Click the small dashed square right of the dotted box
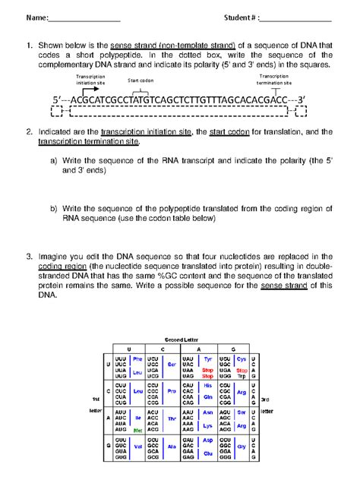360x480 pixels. coord(300,112)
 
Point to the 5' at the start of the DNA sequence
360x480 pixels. coord(57,99)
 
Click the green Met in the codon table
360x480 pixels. coord(137,429)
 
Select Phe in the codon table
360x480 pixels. coord(137,358)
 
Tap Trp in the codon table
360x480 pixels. coord(242,376)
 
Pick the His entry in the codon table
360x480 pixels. coord(207,386)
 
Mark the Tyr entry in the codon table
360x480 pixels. coord(207,358)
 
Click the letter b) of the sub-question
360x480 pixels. coord(55,207)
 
